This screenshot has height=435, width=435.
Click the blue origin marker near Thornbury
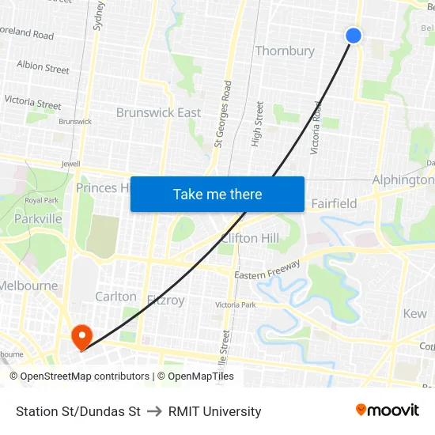pos(354,35)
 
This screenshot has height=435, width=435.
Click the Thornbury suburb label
pos(285,51)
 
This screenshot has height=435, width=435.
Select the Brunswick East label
pos(158,112)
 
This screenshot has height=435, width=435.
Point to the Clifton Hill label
pos(251,238)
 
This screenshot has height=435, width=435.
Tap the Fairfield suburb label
pos(334,203)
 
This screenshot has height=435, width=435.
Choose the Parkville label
pos(38,218)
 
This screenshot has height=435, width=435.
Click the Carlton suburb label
pos(115,297)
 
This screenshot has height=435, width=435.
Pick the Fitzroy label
pos(165,300)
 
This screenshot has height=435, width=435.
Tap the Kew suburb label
pos(414,313)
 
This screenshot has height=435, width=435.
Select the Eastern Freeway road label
pos(267,270)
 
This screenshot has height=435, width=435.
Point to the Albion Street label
pos(43,67)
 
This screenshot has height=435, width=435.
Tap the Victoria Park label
pos(236,304)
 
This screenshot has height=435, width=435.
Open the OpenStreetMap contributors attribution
pos(80,376)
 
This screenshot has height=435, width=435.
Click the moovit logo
pos(387,410)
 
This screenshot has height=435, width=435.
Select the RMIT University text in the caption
pos(215,411)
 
